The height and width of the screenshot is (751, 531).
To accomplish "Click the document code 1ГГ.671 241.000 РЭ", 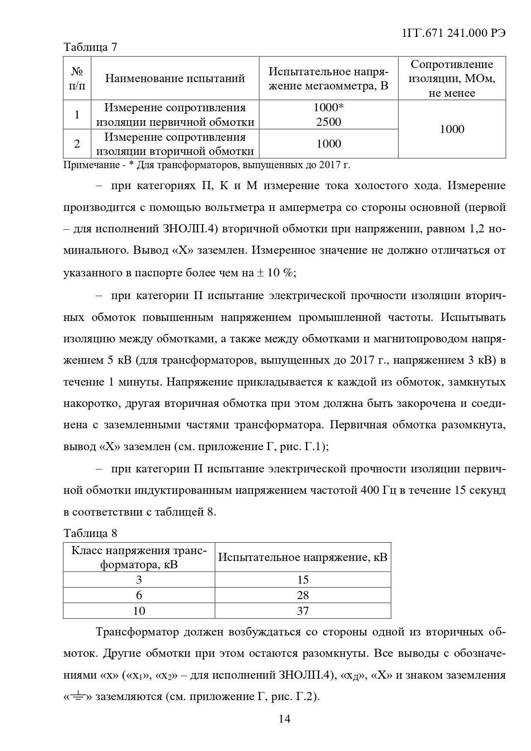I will (x=454, y=34).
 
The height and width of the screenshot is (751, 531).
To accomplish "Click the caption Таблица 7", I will (x=90, y=47).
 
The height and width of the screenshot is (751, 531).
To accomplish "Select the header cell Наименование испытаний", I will (x=175, y=78).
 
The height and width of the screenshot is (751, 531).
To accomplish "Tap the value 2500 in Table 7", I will (x=329, y=122).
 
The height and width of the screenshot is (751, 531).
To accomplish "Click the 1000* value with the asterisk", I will (x=329, y=107).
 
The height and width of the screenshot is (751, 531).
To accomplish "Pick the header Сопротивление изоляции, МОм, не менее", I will (x=452, y=78).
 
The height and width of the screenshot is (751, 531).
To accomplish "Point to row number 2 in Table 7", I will (x=77, y=144).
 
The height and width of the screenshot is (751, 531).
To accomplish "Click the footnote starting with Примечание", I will (x=207, y=165).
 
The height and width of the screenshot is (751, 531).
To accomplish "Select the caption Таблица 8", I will (x=90, y=533).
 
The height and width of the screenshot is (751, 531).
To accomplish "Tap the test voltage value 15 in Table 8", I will (x=303, y=580).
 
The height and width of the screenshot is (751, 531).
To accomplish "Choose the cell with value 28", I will (x=303, y=595).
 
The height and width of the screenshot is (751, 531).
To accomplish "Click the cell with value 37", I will (x=303, y=611).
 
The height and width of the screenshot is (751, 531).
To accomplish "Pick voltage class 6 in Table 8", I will (x=139, y=595).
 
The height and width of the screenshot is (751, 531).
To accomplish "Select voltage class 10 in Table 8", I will (x=139, y=611).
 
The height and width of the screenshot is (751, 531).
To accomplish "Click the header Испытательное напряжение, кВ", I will (x=303, y=557).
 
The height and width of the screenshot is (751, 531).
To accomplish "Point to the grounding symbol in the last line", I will (x=77, y=696).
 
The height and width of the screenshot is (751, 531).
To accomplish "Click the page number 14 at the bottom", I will (x=285, y=719).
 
